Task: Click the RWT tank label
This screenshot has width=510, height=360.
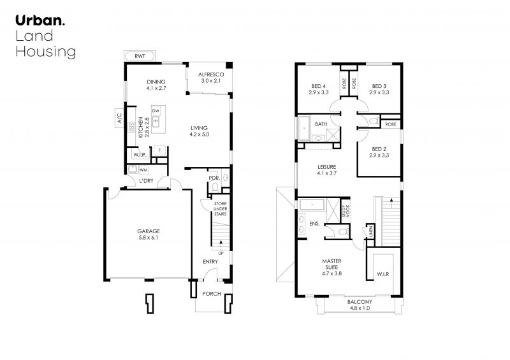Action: pos(140,56)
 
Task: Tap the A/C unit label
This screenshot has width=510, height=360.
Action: pos(119,118)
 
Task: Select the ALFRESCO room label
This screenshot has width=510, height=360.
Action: pos(211,75)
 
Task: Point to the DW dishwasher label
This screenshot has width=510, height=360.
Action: pos(156,111)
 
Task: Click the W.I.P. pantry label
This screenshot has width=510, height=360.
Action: pos(139,155)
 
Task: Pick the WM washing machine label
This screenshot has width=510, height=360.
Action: pos(144,169)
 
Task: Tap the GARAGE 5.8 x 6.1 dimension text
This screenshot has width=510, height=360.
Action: pos(149,238)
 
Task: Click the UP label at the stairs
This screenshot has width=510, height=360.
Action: pos(221,254)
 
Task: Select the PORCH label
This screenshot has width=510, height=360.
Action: pos(212,294)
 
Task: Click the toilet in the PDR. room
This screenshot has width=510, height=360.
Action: pos(215,187)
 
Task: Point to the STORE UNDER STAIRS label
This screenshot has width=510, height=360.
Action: pos(220,209)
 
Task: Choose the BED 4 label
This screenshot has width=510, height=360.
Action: pos(318,86)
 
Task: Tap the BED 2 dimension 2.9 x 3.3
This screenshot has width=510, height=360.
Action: pos(379,155)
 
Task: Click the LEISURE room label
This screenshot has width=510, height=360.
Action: pos(327,167)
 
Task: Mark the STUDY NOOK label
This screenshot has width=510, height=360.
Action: pos(346,212)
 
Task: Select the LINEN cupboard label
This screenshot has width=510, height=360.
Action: pos(370,232)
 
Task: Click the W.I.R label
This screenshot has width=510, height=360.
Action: pos(383,274)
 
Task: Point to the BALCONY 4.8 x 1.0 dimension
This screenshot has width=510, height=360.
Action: pos(360,308)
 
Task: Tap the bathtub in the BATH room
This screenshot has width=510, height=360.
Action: pos(305,128)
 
